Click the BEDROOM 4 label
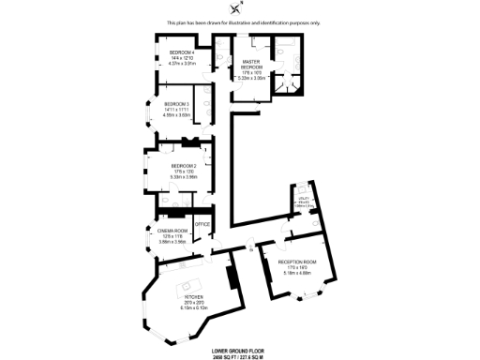(180, 52)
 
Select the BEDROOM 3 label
(176, 103)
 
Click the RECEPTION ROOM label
(297, 262)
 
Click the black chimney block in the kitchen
(231, 279)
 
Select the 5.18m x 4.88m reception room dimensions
(297, 273)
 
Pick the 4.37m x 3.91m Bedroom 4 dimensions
(180, 64)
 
